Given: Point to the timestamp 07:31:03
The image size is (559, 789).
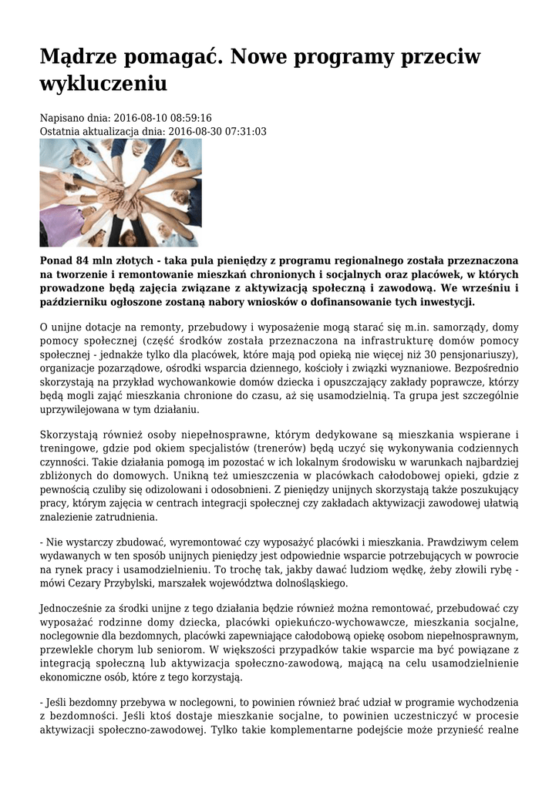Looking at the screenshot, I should [238, 132].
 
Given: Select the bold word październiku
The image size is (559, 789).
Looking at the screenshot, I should [76, 301].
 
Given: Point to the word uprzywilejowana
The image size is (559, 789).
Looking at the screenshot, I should [83, 409].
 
